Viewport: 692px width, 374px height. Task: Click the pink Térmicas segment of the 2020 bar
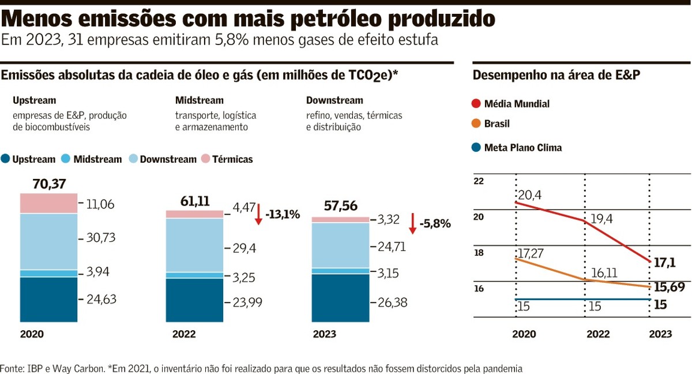point(48,203)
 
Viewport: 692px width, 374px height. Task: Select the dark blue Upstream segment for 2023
point(340,298)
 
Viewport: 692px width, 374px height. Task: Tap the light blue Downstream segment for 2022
point(194,245)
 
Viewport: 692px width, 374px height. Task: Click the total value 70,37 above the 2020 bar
point(50,184)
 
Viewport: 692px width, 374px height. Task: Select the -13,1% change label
point(283,215)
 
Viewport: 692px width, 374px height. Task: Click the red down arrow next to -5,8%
point(412,223)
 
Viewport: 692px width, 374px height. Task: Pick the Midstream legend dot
point(66,159)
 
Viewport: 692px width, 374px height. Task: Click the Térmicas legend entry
point(227,159)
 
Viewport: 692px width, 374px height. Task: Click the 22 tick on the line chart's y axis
point(479,181)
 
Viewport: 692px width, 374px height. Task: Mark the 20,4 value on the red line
point(529,195)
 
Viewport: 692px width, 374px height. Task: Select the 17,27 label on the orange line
point(532,253)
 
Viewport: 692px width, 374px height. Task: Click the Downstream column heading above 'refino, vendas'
point(334,100)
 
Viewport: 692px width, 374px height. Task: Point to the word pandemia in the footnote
point(503,368)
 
